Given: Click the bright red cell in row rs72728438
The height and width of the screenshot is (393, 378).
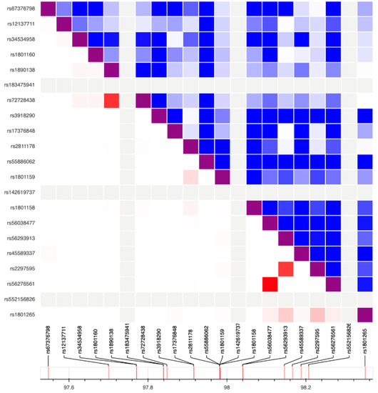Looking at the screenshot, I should pyautogui.click(x=111, y=100).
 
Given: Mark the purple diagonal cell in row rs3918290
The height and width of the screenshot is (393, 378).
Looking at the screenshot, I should pyautogui.click(x=159, y=116).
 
